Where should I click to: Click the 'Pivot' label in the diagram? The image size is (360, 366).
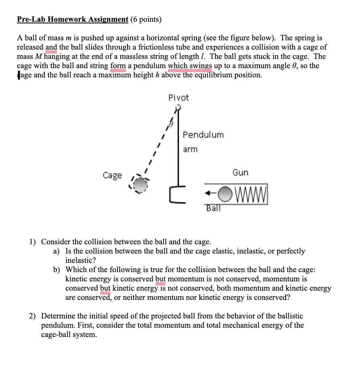(178, 98)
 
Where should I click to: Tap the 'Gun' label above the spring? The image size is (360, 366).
(240, 173)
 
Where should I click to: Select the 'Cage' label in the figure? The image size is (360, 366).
(112, 175)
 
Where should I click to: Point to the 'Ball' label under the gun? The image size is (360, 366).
(213, 208)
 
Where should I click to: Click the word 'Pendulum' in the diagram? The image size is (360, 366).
(203, 135)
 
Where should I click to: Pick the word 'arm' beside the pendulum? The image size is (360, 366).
(190, 149)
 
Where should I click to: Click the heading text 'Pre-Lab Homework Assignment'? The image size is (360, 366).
(73, 19)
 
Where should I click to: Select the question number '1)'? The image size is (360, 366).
(32, 242)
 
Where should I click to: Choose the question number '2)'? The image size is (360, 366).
(32, 316)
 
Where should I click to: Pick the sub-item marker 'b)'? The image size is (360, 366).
(57, 270)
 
